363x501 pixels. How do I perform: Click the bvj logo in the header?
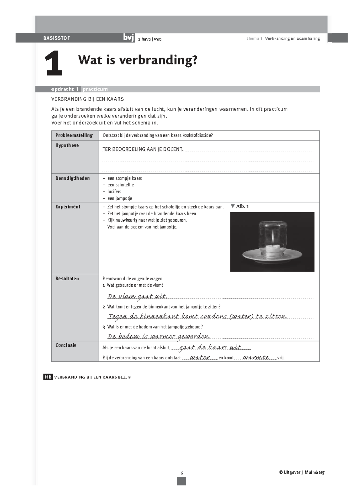pyautogui.click(x=129, y=38)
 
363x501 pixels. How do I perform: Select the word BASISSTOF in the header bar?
pyautogui.click(x=57, y=38)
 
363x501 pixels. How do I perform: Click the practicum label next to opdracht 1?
pyautogui.click(x=95, y=89)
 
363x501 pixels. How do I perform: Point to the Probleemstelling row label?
pyautogui.click(x=74, y=135)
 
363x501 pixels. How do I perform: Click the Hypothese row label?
pyautogui.click(x=67, y=145)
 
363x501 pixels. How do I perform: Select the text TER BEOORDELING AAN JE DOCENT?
pyautogui.click(x=143, y=149)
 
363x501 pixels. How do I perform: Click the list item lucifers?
pyautogui.click(x=114, y=192)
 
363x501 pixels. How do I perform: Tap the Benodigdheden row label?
pyautogui.click(x=72, y=178)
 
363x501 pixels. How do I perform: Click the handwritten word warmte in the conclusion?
pyautogui.click(x=256, y=358)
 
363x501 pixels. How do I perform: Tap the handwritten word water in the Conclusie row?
pyautogui.click(x=200, y=358)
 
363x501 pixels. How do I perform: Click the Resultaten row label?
pyautogui.click(x=67, y=279)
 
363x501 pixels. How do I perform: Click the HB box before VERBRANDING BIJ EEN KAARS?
pyautogui.click(x=48, y=377)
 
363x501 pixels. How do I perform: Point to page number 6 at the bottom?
pyautogui.click(x=181, y=473)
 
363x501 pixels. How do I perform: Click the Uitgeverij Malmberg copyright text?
pyautogui.click(x=302, y=472)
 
